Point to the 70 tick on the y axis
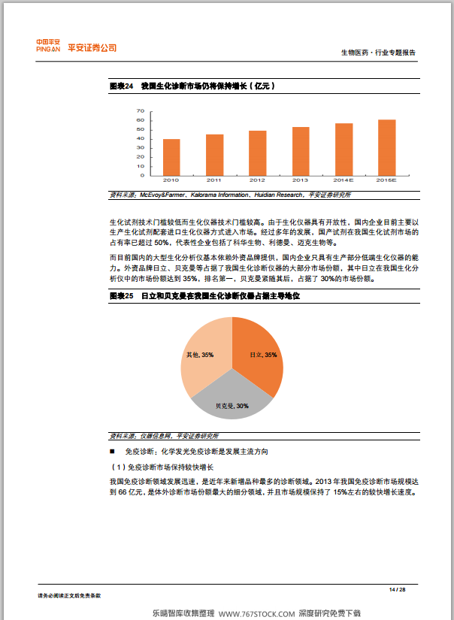click(141, 111)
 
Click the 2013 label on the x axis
click(301, 180)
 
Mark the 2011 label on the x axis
click(214, 180)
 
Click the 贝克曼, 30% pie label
click(232, 406)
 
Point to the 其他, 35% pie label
click(199, 354)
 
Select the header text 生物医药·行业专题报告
click(378, 53)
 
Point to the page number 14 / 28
click(397, 588)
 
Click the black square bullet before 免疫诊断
click(113, 452)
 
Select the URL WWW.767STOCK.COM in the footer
click(256, 613)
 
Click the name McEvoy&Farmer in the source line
click(159, 195)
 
